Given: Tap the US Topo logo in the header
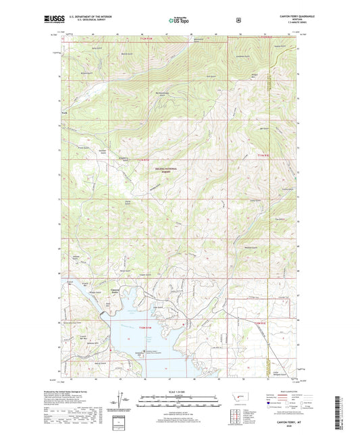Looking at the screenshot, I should [x=178, y=21].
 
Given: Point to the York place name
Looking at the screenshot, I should [x=65, y=113].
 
